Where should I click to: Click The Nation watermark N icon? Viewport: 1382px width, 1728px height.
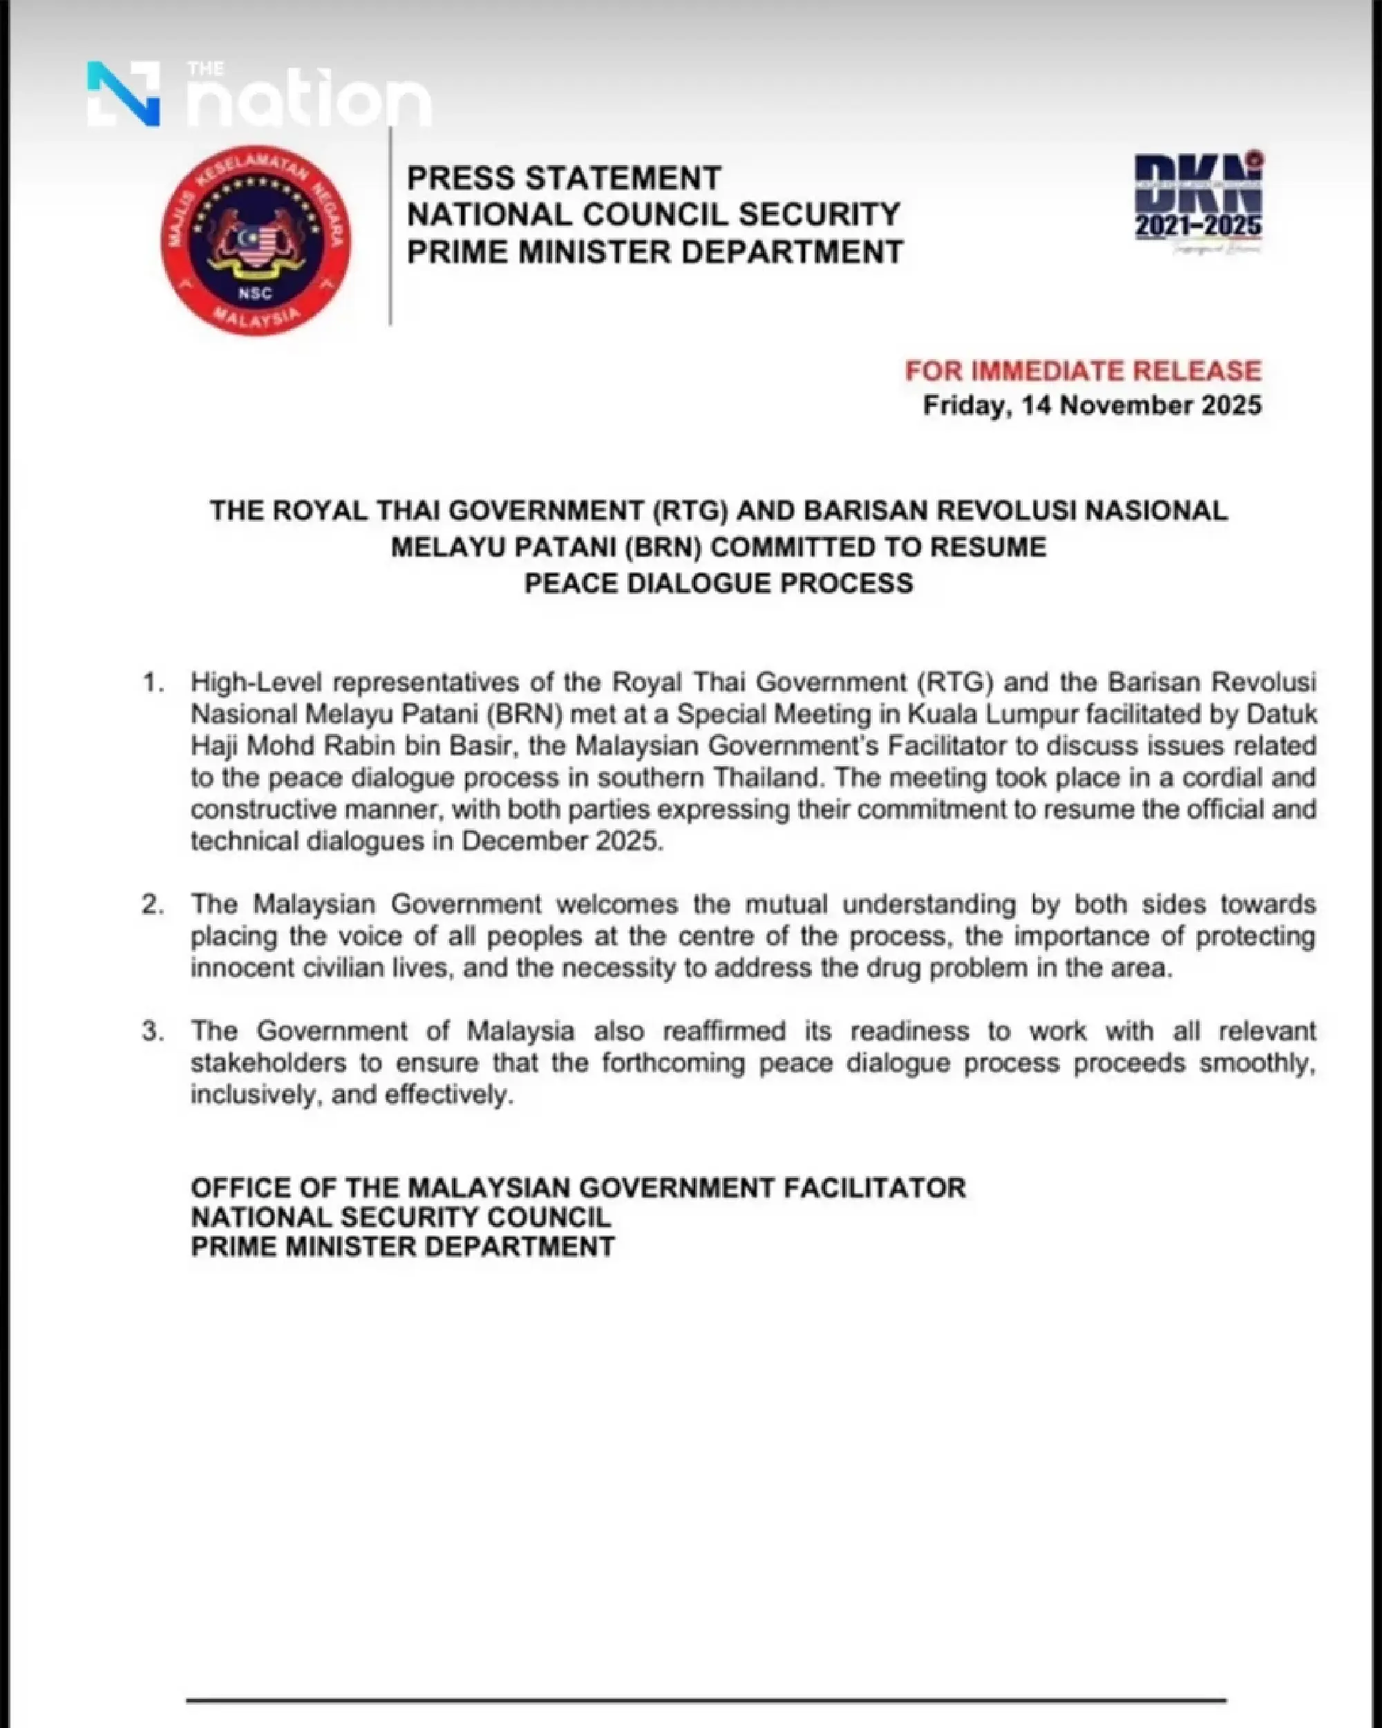coord(124,94)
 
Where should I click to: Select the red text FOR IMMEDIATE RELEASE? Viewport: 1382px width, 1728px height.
coord(1083,370)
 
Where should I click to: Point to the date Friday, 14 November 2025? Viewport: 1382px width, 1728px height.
coord(1092,406)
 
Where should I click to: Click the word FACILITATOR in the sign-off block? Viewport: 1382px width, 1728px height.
coord(875,1188)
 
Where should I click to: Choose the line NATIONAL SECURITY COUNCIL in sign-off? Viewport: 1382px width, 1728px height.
coord(401,1217)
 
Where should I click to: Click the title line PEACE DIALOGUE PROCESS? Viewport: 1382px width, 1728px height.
coord(718,583)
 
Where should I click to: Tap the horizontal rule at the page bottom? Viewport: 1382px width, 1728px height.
coord(706,1700)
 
